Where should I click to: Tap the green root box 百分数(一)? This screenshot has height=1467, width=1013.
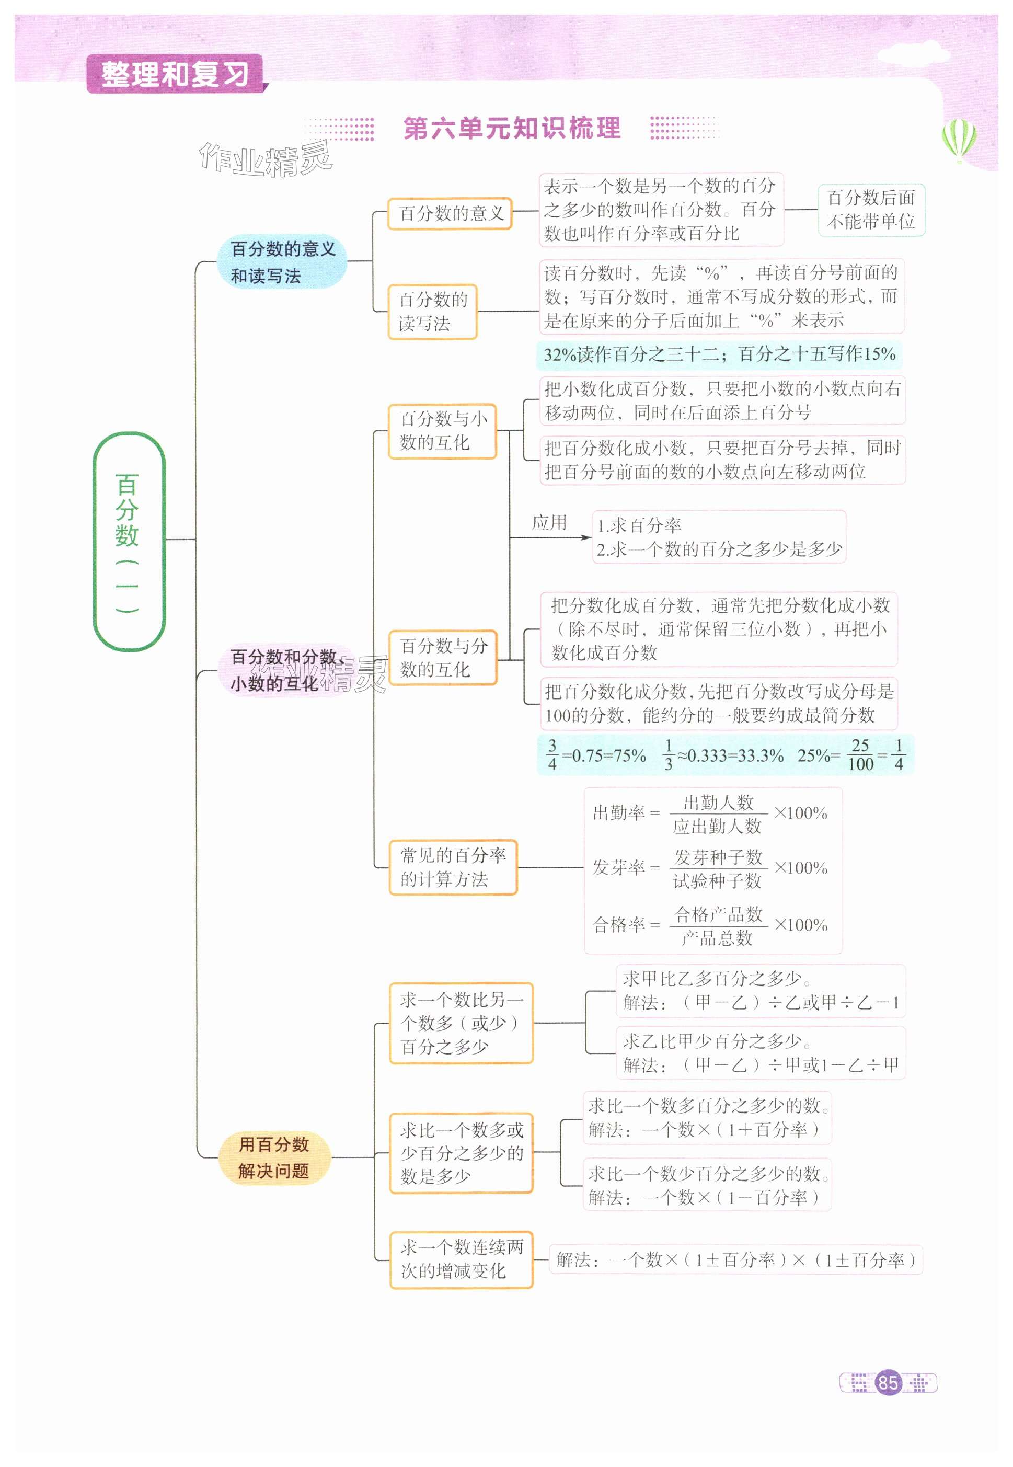[129, 541]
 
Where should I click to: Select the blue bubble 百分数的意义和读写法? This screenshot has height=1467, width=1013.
[282, 262]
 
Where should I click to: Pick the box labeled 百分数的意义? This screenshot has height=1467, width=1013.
[450, 213]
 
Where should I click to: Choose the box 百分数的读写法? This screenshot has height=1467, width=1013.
[432, 311]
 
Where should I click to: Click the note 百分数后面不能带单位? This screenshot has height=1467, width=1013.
[871, 210]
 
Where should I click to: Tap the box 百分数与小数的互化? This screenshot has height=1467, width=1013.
[442, 430]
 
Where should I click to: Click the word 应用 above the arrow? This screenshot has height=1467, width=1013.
[549, 522]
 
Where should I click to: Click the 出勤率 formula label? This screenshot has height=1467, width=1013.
[618, 812]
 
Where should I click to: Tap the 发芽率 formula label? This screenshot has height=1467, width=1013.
[618, 867]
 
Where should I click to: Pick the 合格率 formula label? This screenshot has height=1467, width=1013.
[618, 924]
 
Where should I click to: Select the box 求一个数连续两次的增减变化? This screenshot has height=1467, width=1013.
[462, 1259]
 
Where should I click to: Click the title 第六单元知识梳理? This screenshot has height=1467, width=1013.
[512, 128]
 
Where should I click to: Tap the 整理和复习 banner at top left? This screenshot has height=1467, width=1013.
[175, 74]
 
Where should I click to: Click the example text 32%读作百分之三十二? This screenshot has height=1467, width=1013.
[635, 354]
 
